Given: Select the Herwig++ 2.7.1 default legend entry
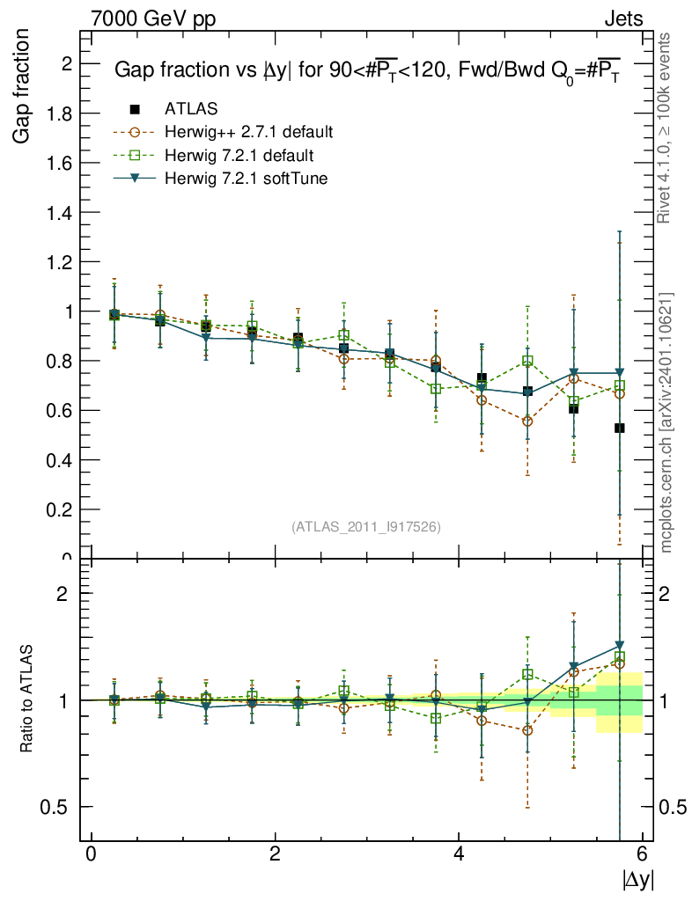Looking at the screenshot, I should pyautogui.click(x=248, y=133).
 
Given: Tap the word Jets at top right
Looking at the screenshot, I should pyautogui.click(x=622, y=18).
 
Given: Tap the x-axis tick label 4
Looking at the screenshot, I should pyautogui.click(x=459, y=854).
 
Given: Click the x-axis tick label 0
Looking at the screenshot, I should pyautogui.click(x=91, y=854).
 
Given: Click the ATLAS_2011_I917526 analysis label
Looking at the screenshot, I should pyautogui.click(x=366, y=526).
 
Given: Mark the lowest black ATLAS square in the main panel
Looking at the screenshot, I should pyautogui.click(x=620, y=428).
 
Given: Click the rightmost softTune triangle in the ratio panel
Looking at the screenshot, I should pyautogui.click(x=620, y=646).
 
